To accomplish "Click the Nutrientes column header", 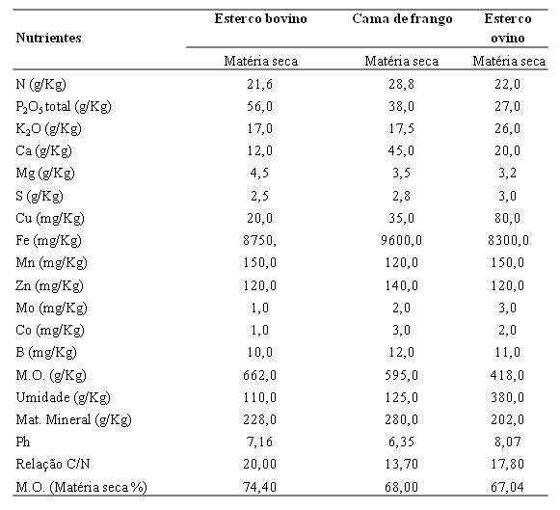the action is [x=48, y=38].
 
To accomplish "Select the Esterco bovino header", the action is [x=260, y=18].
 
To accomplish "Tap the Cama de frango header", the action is [x=402, y=19].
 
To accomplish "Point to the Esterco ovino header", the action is [x=508, y=28].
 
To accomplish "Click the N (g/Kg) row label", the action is [x=41, y=84].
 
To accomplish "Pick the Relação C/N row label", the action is [x=53, y=464].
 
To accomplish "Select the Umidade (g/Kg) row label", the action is [x=64, y=397].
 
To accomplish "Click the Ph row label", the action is [x=23, y=442].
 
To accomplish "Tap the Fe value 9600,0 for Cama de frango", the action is [x=401, y=240].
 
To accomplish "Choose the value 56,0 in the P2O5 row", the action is [x=259, y=106].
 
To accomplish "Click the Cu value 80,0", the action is [x=507, y=218].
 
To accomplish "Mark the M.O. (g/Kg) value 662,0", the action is [x=259, y=375].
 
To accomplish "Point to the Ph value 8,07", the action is [x=507, y=442].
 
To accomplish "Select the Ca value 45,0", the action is [x=401, y=150].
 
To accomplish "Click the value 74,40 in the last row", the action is [x=259, y=487].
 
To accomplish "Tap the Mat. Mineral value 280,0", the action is [x=401, y=419].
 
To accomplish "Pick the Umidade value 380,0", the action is [x=507, y=397].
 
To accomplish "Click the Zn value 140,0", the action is [x=401, y=285].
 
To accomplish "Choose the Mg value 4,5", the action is [x=259, y=173].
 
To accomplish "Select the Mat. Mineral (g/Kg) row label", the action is [x=73, y=419].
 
